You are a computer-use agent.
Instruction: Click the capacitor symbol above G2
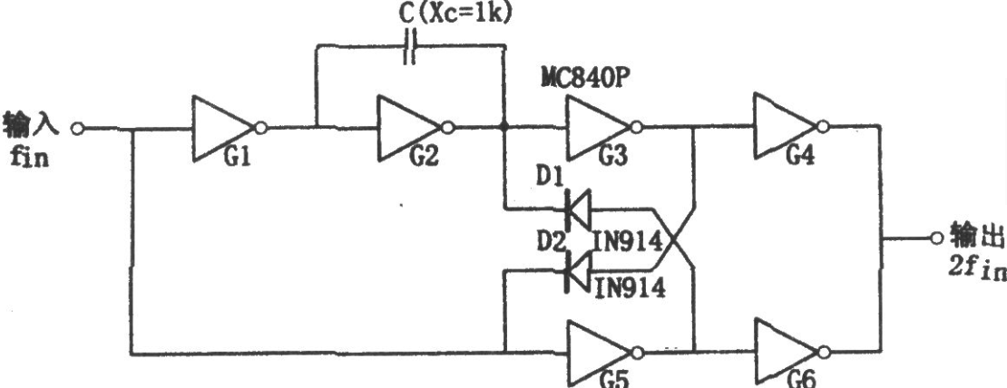pyautogui.click(x=409, y=46)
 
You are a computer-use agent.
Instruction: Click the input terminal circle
pyautogui.click(x=77, y=129)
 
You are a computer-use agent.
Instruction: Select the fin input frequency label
pyautogui.click(x=29, y=157)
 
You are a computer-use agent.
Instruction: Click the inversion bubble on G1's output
pyautogui.click(x=260, y=129)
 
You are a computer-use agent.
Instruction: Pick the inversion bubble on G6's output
pyautogui.click(x=825, y=352)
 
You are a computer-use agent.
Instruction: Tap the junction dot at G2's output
pyautogui.click(x=504, y=128)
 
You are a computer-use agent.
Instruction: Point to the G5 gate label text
pyautogui.click(x=614, y=380)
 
